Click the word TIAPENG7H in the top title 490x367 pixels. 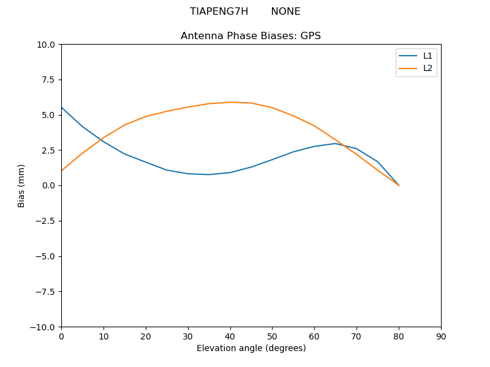[219, 12]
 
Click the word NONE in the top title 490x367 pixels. [285, 12]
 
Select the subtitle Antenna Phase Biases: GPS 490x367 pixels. [251, 36]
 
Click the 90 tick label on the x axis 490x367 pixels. [441, 336]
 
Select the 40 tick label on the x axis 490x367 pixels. [230, 336]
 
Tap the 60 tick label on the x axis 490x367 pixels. [314, 336]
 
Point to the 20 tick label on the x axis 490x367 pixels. [146, 336]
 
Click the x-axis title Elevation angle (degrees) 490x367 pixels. [251, 348]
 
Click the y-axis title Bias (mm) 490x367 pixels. [21, 185]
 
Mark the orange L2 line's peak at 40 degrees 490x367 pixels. [230, 102]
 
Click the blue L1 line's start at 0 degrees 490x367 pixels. [62, 108]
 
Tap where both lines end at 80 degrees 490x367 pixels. [399, 185]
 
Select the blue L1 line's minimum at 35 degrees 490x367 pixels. [209, 174]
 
